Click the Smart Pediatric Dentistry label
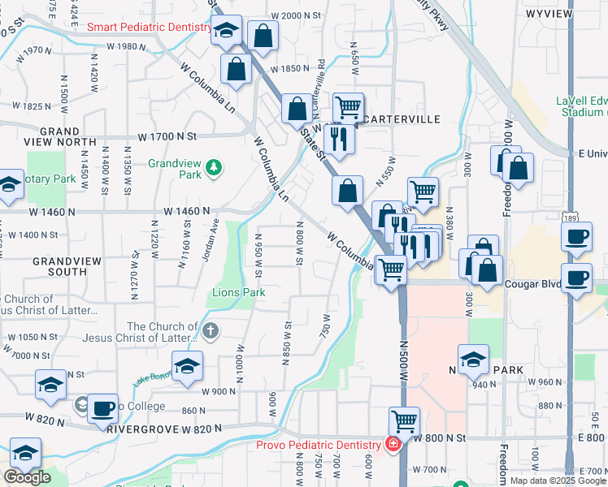(149, 27)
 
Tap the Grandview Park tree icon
(214, 168)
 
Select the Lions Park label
(239, 292)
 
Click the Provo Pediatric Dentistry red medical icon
(393, 445)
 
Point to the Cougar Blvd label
(534, 285)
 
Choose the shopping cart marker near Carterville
(348, 106)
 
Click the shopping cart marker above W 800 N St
(404, 421)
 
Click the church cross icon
(211, 330)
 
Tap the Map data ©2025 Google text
(558, 481)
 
